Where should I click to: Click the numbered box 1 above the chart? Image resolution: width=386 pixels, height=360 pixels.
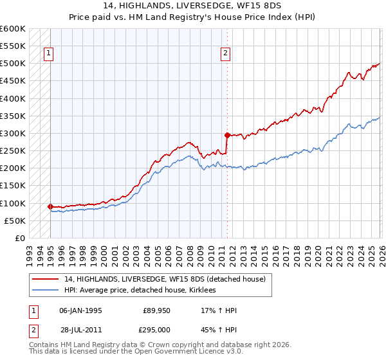click(50, 54)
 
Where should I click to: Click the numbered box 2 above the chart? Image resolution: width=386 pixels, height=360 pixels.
click(225, 54)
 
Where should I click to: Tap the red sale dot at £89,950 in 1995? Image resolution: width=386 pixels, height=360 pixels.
click(50, 206)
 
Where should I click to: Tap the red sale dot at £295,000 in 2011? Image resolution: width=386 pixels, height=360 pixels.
click(227, 135)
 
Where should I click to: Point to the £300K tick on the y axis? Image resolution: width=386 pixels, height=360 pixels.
click(13, 134)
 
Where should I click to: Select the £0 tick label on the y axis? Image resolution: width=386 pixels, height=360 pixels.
click(21, 238)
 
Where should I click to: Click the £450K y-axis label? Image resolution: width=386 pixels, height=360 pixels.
click(13, 81)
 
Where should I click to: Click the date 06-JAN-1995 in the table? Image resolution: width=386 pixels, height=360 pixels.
click(80, 310)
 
